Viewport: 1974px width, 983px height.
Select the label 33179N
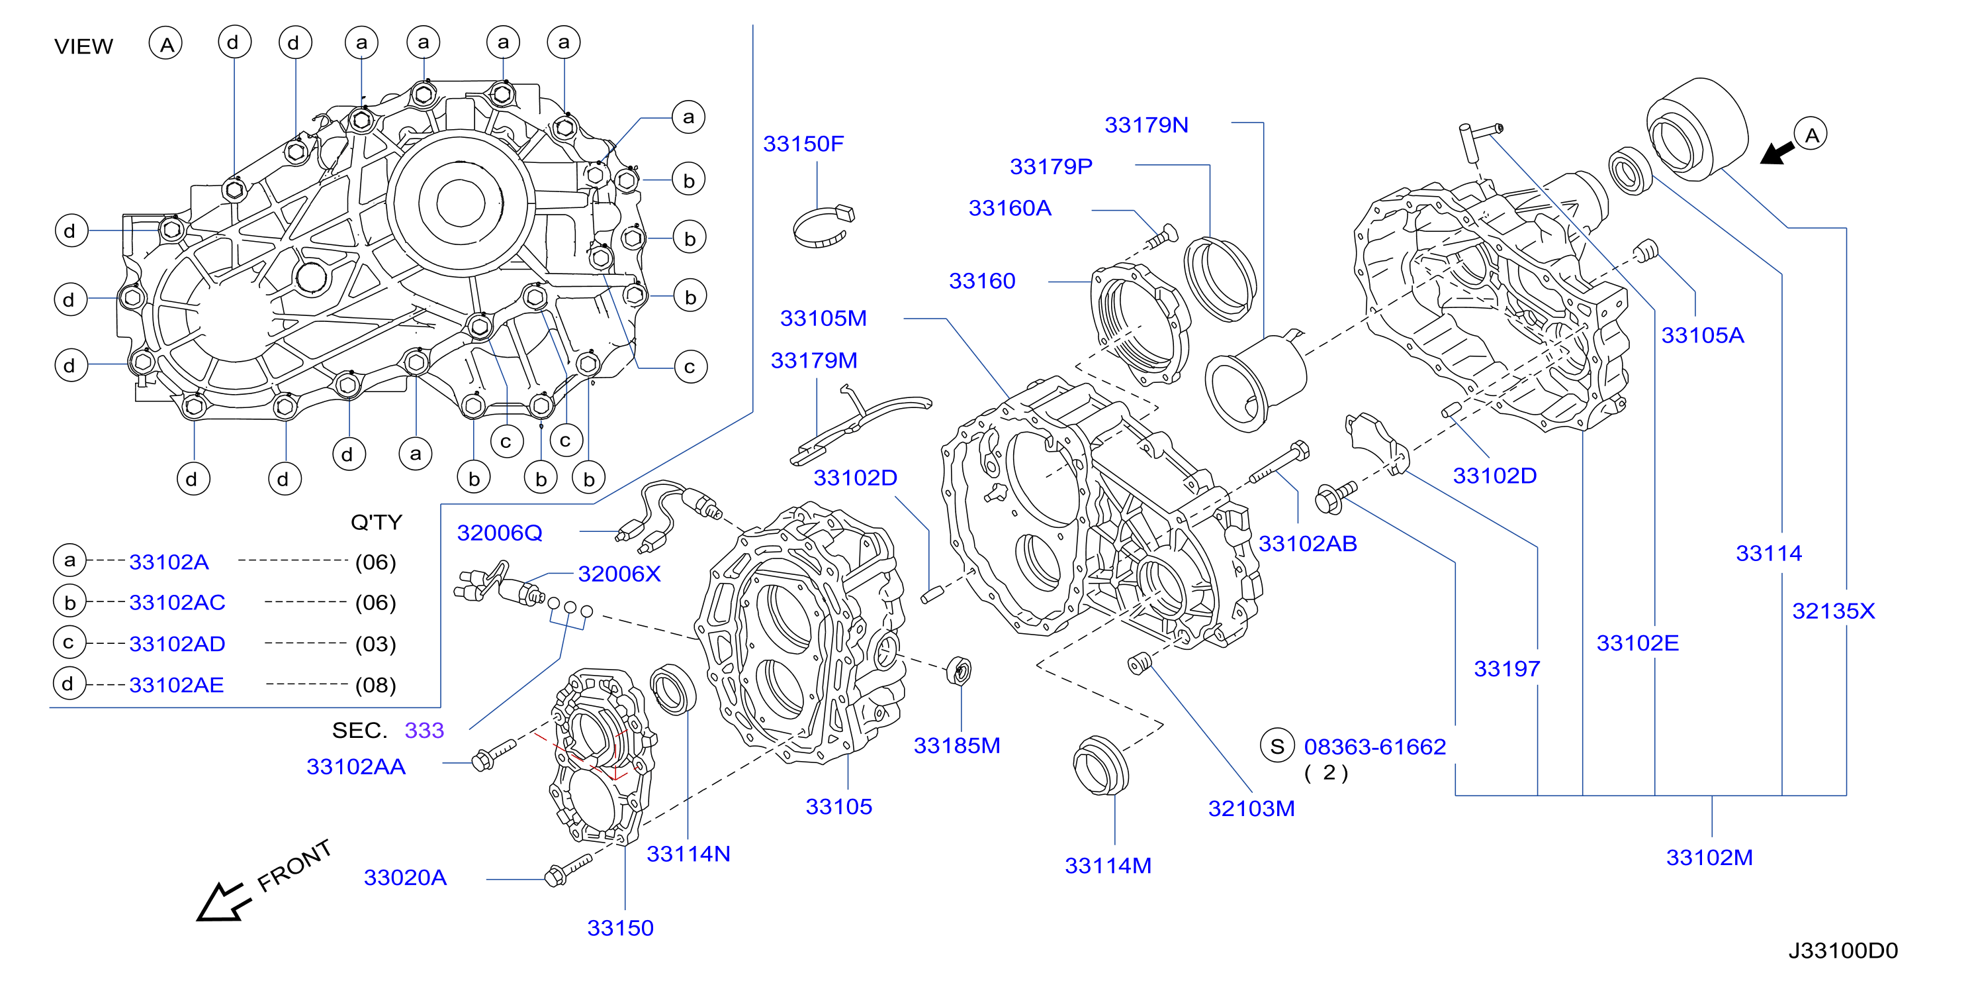pos(1146,125)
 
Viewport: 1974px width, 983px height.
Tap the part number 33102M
pos(1709,857)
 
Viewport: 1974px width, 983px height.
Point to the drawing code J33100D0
pos(1843,951)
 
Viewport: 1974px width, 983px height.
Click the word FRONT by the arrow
pos(294,866)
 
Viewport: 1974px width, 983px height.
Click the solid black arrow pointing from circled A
pos(1776,152)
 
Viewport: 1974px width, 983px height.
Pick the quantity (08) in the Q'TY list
pos(375,685)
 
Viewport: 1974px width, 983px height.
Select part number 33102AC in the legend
pos(177,603)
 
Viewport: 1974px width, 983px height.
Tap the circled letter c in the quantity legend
pos(69,643)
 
